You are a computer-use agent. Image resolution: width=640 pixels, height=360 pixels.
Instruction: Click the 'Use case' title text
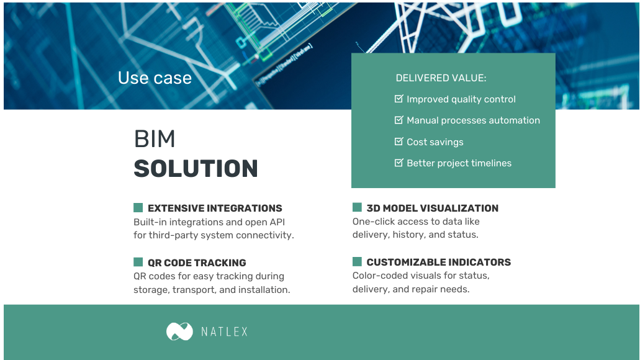click(x=155, y=78)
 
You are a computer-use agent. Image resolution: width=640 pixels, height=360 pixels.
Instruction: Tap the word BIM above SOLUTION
click(x=155, y=140)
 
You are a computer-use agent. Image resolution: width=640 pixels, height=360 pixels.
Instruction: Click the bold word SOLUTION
click(x=196, y=169)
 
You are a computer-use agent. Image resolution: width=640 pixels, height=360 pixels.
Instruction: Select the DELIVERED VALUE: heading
click(x=441, y=78)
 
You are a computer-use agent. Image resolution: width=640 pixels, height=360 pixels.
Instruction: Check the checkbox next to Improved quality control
click(x=399, y=99)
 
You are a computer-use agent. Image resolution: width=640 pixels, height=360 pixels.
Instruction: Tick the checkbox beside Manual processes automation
click(x=399, y=120)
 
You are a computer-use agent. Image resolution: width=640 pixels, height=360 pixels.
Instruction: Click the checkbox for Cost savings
click(x=399, y=142)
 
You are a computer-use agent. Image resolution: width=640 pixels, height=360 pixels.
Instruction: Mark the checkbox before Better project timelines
click(x=399, y=163)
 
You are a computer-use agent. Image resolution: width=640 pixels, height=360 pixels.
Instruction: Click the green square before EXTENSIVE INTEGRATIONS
click(x=138, y=208)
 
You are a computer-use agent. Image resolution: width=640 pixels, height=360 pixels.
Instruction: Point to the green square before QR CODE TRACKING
click(x=138, y=262)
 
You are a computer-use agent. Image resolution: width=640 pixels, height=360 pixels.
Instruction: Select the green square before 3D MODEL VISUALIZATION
click(x=357, y=208)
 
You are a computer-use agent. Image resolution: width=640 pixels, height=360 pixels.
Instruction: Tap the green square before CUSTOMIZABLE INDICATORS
click(x=357, y=262)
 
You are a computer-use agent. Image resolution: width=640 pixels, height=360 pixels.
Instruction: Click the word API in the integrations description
click(x=275, y=222)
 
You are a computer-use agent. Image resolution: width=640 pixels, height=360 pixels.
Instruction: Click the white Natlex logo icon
click(x=179, y=331)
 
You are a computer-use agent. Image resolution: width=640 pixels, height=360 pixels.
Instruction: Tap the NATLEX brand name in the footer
click(x=224, y=332)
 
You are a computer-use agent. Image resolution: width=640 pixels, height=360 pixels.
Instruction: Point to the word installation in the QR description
click(x=263, y=290)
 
